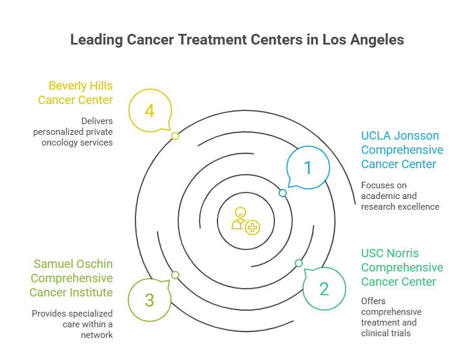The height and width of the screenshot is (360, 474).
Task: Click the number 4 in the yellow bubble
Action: tap(150, 110)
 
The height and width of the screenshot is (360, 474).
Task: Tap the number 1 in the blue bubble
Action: tap(308, 167)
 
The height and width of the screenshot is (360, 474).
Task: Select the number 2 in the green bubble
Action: tap(324, 290)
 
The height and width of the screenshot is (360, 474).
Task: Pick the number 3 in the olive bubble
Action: tap(150, 299)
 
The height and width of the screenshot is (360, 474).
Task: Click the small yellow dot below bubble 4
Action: tap(175, 136)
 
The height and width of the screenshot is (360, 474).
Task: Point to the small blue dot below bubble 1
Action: tap(282, 193)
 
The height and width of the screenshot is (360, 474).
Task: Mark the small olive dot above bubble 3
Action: tap(176, 274)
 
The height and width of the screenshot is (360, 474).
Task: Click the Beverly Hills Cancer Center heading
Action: tap(75, 93)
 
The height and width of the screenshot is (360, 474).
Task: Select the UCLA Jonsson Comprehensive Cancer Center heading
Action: tap(403, 150)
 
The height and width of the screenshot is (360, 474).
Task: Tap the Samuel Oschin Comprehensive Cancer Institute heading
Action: tap(73, 278)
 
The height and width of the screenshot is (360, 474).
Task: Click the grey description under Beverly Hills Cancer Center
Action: tap(74, 133)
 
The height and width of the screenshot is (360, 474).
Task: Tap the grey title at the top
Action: tap(236, 41)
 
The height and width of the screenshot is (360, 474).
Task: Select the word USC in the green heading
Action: tap(373, 255)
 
